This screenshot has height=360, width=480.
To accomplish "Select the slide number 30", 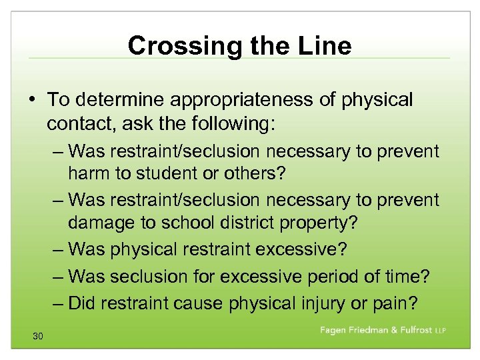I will click(x=37, y=337).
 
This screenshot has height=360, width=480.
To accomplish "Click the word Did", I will click(x=81, y=303).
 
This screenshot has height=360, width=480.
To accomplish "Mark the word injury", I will click(x=323, y=303).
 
